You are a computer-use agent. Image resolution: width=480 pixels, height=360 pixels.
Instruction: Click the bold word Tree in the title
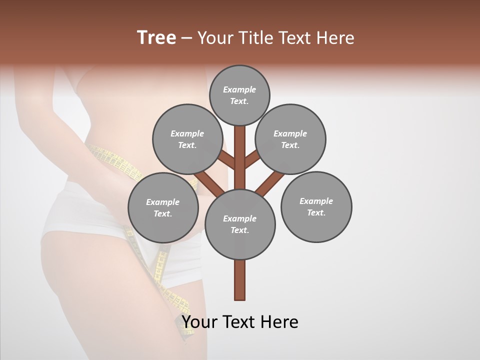coord(156,38)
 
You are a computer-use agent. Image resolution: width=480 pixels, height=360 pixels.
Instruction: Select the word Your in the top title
coord(215,38)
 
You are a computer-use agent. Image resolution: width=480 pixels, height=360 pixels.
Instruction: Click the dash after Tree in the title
coord(186,38)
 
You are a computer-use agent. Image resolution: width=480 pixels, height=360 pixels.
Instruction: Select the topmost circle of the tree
coord(239,95)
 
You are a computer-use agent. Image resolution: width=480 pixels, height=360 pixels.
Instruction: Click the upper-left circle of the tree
coord(187,139)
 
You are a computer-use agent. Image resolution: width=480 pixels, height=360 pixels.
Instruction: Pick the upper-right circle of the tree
coord(290,139)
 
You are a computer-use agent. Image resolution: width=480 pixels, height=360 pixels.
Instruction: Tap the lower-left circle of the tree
coord(163,207)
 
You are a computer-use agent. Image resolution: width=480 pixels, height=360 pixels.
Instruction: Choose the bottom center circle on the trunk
coord(240,224)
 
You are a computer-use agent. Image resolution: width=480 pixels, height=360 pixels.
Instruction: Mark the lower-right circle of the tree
coord(316,207)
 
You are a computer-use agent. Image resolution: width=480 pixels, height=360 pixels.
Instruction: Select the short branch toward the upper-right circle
coord(252,159)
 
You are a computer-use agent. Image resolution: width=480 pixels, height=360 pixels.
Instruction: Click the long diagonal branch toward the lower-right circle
coord(270,182)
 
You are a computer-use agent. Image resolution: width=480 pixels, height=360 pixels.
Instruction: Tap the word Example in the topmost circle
coord(239,89)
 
